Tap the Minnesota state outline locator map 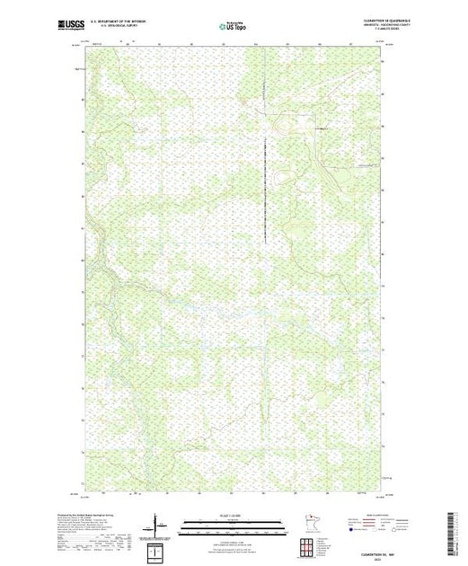pos(305,522)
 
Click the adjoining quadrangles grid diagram pos(306,544)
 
